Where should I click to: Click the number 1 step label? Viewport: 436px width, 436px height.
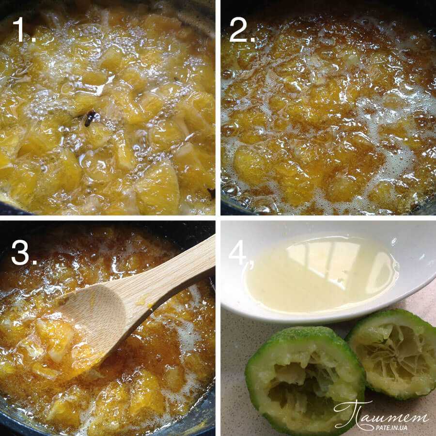[24, 30]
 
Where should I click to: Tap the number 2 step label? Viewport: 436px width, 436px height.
[242, 30]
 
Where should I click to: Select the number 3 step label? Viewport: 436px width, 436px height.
[24, 252]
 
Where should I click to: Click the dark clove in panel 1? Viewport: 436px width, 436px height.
[90, 118]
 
